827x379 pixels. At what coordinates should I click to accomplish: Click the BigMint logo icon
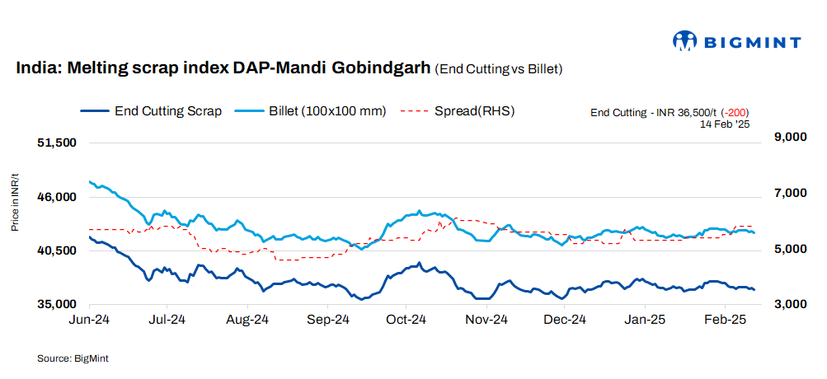tap(685, 41)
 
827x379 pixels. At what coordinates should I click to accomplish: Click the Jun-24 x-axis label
tap(89, 319)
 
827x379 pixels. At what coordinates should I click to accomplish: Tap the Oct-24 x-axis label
tap(406, 319)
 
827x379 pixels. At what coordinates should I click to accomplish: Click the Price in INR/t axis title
tap(15, 203)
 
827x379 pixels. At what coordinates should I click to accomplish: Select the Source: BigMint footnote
tap(73, 358)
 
